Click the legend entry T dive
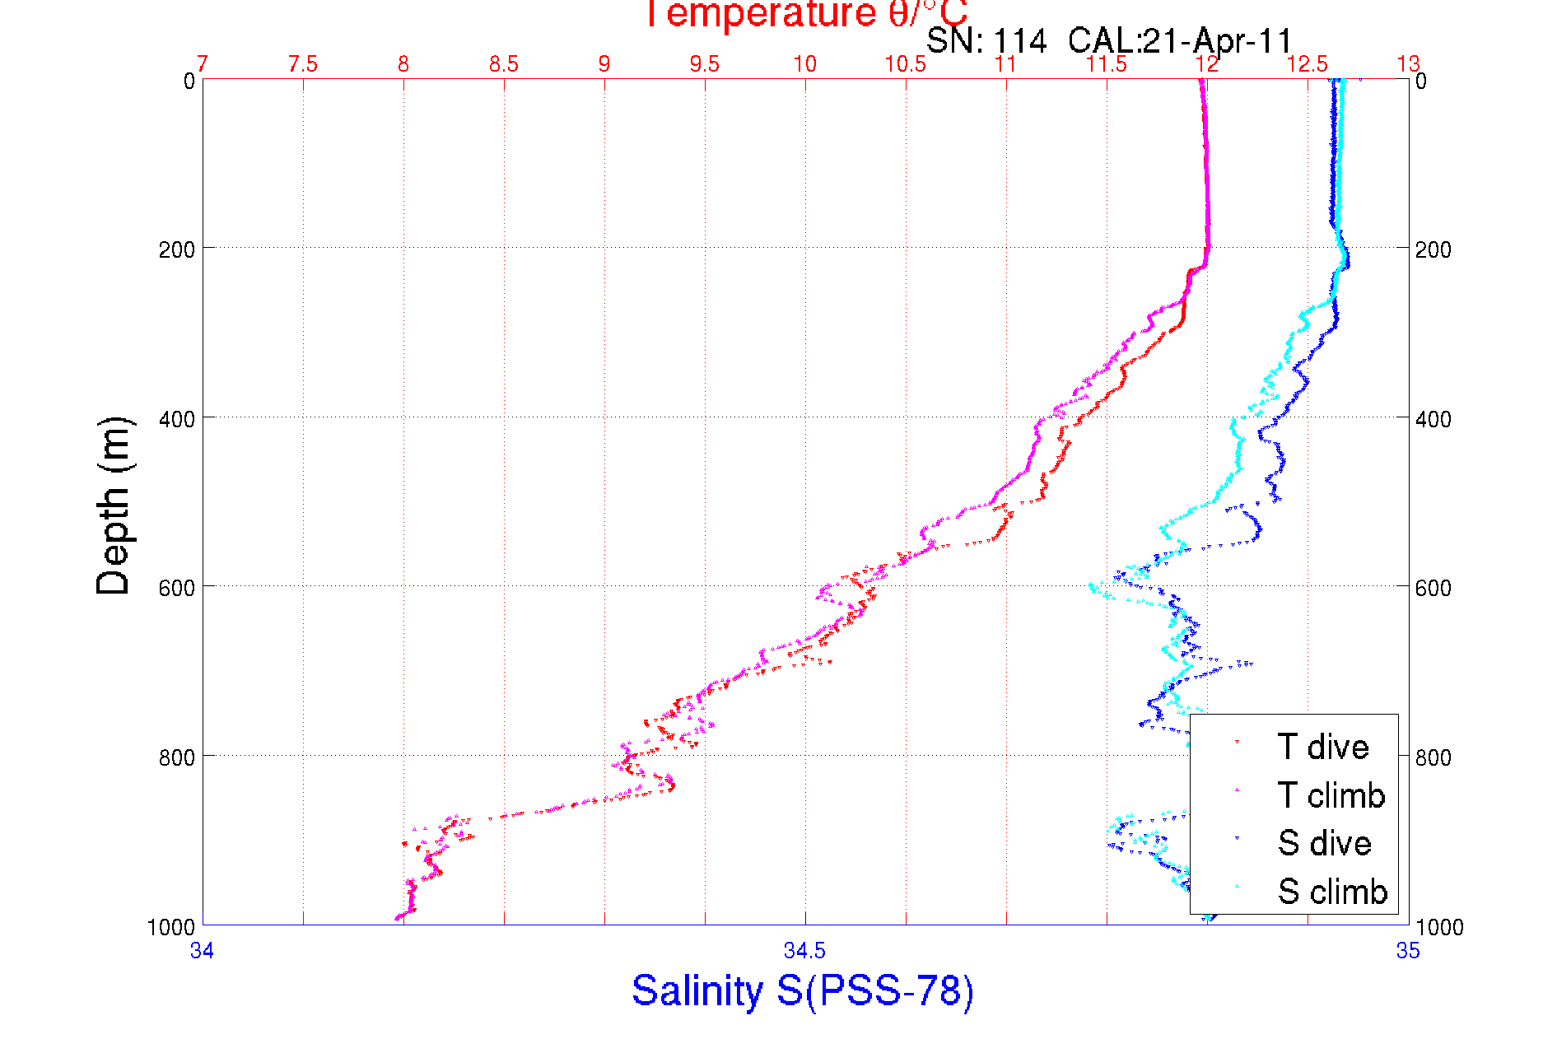pyautogui.click(x=1322, y=747)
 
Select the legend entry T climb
pyautogui.click(x=1331, y=795)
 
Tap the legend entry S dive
pyautogui.click(x=1323, y=843)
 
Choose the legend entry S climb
pyautogui.click(x=1331, y=892)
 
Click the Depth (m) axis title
pyautogui.click(x=113, y=506)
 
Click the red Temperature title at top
pyautogui.click(x=805, y=14)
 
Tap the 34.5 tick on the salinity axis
pyautogui.click(x=804, y=951)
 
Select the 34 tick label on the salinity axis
pyautogui.click(x=202, y=951)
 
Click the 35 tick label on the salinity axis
pyautogui.click(x=1408, y=951)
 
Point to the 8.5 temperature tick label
pyautogui.click(x=504, y=64)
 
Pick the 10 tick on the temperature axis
pyautogui.click(x=804, y=64)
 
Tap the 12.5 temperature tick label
pyautogui.click(x=1308, y=64)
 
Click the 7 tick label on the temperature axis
pyautogui.click(x=202, y=64)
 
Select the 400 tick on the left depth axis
pyautogui.click(x=176, y=419)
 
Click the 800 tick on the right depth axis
pyautogui.click(x=1433, y=757)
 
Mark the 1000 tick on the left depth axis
pyautogui.click(x=171, y=928)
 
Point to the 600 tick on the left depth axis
pyautogui.click(x=176, y=588)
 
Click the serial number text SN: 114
pyautogui.click(x=986, y=40)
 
